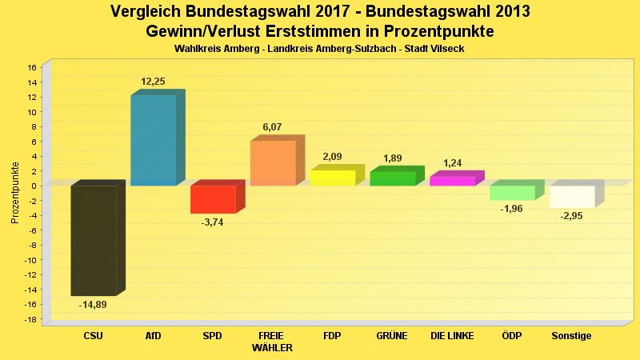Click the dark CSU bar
click(x=94, y=240)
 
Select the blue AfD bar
click(x=153, y=140)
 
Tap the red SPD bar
click(x=213, y=199)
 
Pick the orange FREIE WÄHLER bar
click(x=273, y=163)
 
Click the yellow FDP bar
click(x=332, y=178)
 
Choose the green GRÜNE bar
click(x=392, y=178)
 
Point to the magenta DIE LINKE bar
click(x=452, y=181)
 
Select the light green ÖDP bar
click(x=512, y=193)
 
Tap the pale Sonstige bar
click(x=572, y=196)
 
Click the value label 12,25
click(x=153, y=82)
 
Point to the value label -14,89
click(x=93, y=305)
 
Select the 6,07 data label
click(x=273, y=127)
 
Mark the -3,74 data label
click(x=213, y=222)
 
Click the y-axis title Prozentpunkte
click(x=15, y=193)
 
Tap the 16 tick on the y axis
click(x=32, y=67)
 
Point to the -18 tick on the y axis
click(x=30, y=319)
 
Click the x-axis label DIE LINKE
click(x=452, y=336)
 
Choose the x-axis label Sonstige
click(x=572, y=336)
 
